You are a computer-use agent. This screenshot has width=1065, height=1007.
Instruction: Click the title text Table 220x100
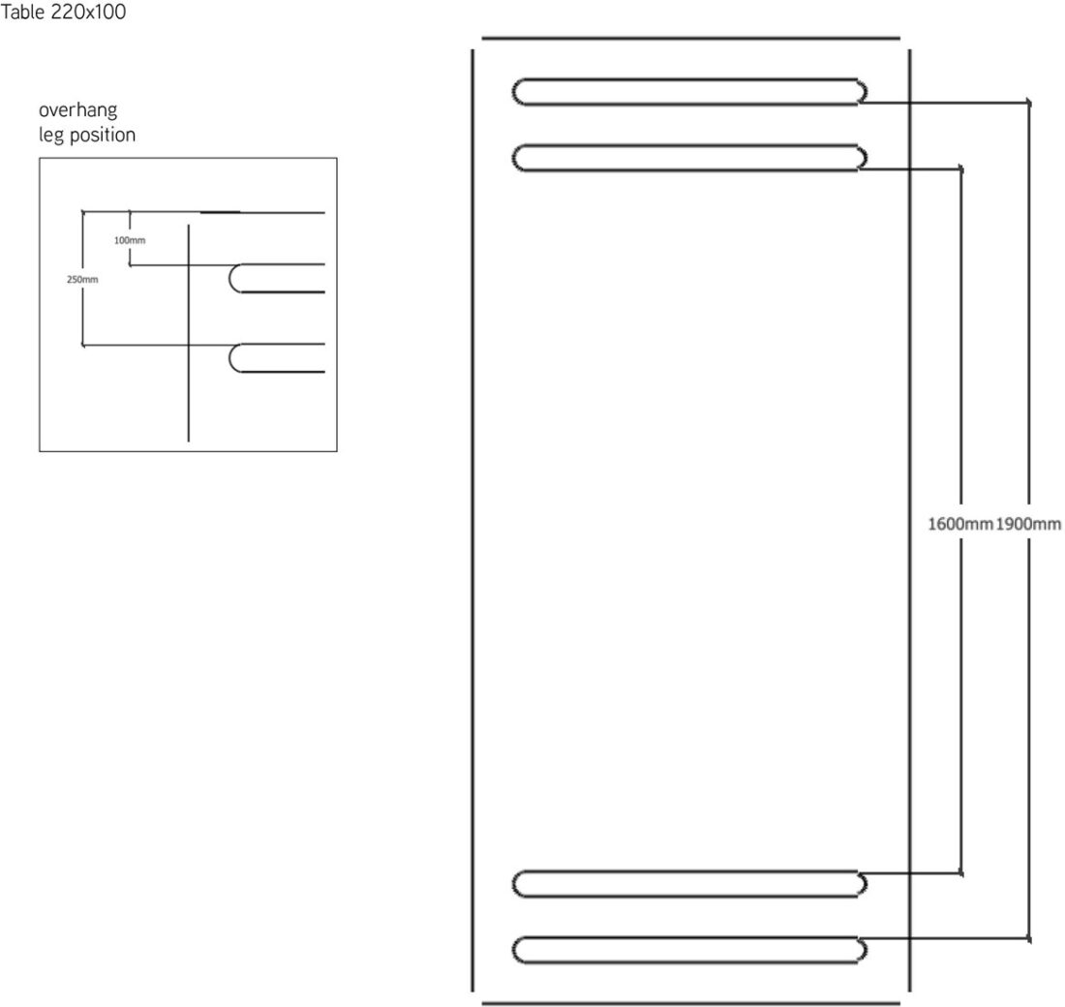tap(63, 13)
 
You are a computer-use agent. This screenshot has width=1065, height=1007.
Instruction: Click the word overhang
tap(78, 109)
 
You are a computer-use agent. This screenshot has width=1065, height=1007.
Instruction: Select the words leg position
tap(87, 135)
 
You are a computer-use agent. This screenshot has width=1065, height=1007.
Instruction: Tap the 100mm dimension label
tap(130, 240)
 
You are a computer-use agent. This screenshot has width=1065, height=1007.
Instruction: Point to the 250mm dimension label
tap(82, 279)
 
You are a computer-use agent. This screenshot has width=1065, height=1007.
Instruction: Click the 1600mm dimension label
tap(960, 524)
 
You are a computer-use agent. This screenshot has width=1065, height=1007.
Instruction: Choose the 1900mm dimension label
tap(1028, 524)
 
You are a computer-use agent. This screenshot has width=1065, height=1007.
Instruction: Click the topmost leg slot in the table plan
tap(689, 92)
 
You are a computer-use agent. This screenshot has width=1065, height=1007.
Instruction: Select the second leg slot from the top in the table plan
tap(689, 158)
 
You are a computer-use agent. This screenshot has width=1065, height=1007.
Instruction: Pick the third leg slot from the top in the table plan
tap(689, 883)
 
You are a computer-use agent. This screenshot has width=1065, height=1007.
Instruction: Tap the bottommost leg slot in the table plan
tap(689, 950)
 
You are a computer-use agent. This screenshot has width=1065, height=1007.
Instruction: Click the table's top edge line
tap(690, 39)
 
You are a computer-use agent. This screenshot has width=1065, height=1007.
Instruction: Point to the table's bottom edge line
tap(690, 1003)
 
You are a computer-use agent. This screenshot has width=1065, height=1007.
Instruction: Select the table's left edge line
tap(472, 520)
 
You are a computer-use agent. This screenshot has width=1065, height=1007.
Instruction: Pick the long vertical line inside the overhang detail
tap(188, 333)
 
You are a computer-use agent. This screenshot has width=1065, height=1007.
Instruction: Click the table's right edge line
tap(909, 520)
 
